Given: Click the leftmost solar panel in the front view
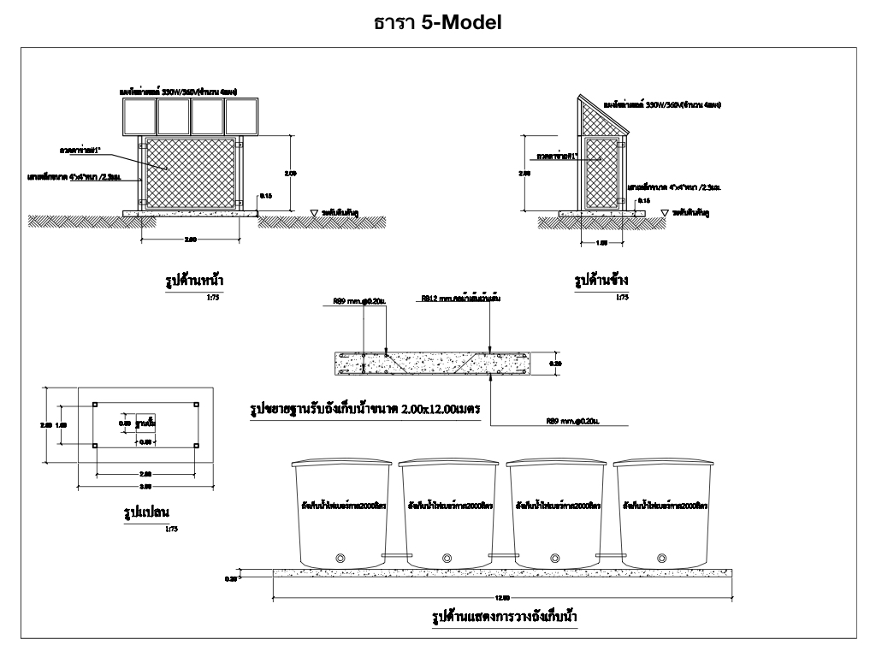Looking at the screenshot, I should [138, 117].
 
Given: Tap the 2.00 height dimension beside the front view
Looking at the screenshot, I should [291, 173].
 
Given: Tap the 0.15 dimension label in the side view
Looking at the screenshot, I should [644, 200].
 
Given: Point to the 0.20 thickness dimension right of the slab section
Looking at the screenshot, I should [559, 364].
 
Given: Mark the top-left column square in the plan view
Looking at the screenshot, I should [95, 405].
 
